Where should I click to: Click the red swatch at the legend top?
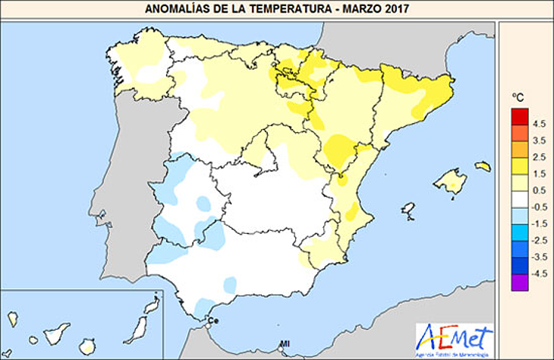[520, 115]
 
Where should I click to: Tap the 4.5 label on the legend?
[539, 123]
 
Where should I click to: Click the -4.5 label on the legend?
[539, 275]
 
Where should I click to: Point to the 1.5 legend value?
[539, 174]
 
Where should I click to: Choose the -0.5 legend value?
[539, 207]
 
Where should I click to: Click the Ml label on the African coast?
[285, 345]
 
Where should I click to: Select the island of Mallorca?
[449, 182]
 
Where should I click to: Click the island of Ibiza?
[408, 208]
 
